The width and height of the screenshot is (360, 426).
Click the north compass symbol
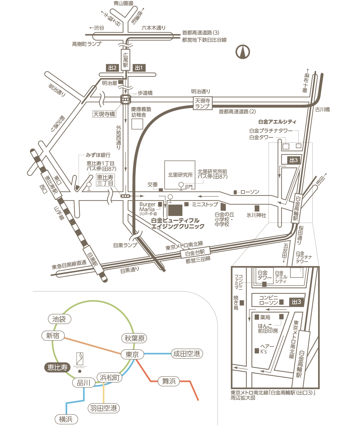click(243, 52)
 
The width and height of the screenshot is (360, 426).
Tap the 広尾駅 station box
click(125, 60)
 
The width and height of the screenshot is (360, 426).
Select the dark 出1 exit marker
click(139, 68)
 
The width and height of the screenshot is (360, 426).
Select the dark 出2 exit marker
click(112, 68)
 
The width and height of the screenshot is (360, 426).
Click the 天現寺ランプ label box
click(202, 103)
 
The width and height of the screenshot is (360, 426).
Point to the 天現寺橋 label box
click(104, 114)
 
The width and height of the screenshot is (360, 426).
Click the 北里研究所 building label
click(180, 175)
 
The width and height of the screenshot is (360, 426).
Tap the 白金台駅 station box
click(195, 253)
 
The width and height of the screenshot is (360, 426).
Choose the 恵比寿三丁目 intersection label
click(105, 180)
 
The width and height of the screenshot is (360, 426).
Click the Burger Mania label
click(147, 207)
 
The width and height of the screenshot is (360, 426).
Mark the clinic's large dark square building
click(175, 210)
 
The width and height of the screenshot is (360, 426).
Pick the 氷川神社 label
click(256, 215)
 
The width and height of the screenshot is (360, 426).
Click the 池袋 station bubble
click(59, 319)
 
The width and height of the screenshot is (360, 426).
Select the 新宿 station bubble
click(53, 336)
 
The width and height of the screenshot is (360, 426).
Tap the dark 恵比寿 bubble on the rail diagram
click(57, 367)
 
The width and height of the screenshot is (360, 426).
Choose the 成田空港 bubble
click(187, 354)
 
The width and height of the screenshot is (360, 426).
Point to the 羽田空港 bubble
click(103, 408)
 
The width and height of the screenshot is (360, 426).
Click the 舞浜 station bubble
click(169, 381)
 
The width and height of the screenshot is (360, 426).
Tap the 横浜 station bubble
click(66, 419)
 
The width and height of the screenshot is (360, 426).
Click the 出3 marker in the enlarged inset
click(296, 302)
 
